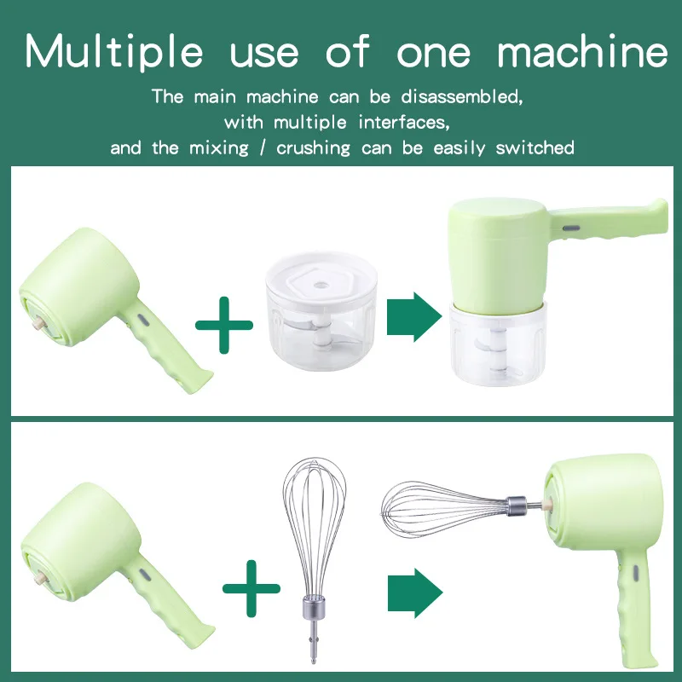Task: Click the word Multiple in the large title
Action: (115, 53)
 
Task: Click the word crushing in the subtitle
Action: (313, 148)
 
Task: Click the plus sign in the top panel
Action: (224, 324)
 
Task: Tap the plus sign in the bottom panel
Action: (251, 587)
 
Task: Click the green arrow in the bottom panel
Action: (414, 591)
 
